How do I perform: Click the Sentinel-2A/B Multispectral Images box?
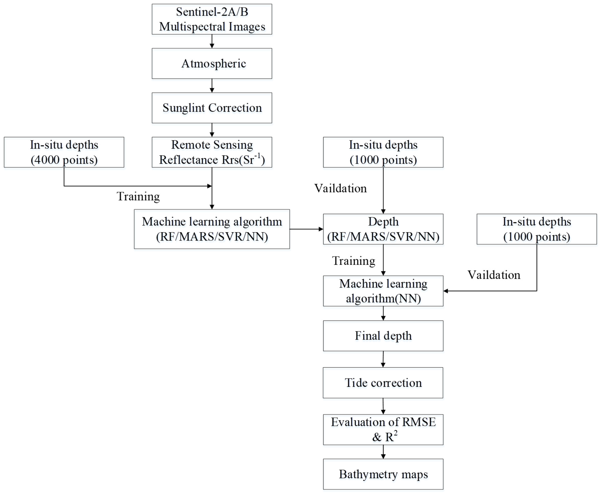pyautogui.click(x=212, y=19)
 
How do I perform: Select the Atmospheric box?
pyautogui.click(x=212, y=63)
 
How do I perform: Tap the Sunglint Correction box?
pyautogui.click(x=212, y=108)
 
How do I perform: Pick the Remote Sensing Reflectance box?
pyautogui.click(x=212, y=152)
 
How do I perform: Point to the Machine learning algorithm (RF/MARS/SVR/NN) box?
pyautogui.click(x=212, y=229)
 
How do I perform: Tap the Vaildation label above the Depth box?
pyautogui.click(x=340, y=188)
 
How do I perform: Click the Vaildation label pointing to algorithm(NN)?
pyautogui.click(x=494, y=275)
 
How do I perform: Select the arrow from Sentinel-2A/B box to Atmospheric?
pyautogui.click(x=212, y=41)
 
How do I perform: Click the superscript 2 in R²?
pyautogui.click(x=396, y=433)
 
